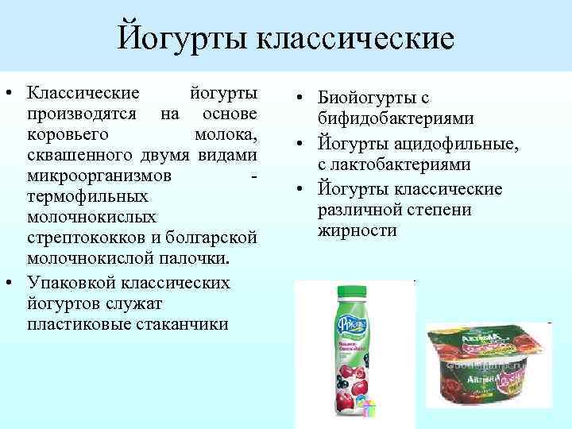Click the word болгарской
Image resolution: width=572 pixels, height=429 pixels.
214,238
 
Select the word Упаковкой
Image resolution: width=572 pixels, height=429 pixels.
75,283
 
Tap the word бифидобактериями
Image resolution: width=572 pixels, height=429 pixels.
396,119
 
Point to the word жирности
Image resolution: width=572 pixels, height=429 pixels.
357,230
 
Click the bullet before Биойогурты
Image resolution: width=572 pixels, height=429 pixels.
303,99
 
